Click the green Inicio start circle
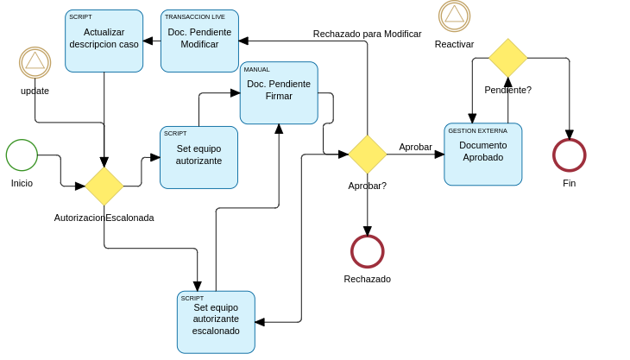(x=22, y=155)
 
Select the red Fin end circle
(x=569, y=155)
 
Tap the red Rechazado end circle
(x=367, y=251)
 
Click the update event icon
(x=35, y=62)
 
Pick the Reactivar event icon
(x=454, y=16)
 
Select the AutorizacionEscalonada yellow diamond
(x=104, y=186)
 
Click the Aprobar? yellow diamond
(x=367, y=154)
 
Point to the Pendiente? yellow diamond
(x=507, y=58)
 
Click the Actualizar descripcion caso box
(x=104, y=41)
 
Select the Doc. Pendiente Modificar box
(x=199, y=41)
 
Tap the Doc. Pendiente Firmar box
(x=279, y=92)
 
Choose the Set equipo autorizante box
(x=198, y=157)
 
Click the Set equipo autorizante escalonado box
(x=216, y=321)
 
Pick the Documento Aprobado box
(x=482, y=154)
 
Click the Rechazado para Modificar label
(x=367, y=34)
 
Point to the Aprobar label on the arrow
(x=415, y=147)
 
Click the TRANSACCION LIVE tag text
(x=195, y=17)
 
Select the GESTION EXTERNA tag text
(x=477, y=130)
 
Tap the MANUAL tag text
(x=257, y=69)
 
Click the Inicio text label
(x=22, y=183)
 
